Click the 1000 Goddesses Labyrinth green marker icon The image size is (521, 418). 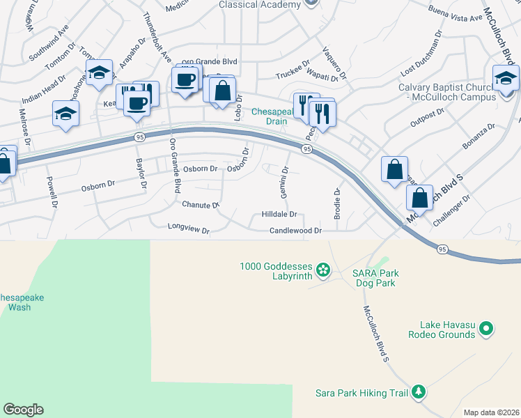coord(322,269)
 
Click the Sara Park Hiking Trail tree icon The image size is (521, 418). coord(419,393)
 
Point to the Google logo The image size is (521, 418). coord(23,410)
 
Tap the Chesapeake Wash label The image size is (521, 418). coord(21,302)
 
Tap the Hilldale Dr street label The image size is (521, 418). coord(279,215)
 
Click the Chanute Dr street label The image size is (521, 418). coord(201,205)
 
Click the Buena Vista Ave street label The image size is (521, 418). coord(456,17)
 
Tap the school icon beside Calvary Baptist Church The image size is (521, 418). coord(506,78)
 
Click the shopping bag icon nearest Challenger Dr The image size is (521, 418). coord(419,198)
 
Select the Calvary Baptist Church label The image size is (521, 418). coord(446,92)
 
